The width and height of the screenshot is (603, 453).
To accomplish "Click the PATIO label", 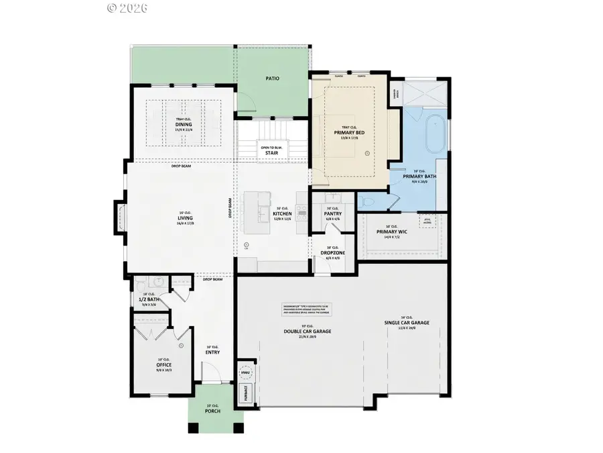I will click(x=272, y=79).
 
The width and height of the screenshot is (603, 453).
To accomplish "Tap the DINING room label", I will click(x=184, y=125).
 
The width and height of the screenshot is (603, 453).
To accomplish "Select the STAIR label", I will click(x=271, y=153).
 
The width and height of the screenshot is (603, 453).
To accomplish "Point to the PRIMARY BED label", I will click(x=348, y=133).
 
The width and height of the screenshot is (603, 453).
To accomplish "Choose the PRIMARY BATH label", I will click(x=420, y=176).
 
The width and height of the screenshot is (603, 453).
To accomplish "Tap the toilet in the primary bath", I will click(x=368, y=201).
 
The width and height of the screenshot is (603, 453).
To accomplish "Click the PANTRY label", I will click(x=333, y=214).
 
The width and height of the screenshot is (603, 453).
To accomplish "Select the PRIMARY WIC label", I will click(x=392, y=232).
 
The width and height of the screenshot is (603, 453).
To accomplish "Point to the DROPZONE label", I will click(x=333, y=252).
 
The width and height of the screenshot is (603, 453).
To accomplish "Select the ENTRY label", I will click(x=213, y=352).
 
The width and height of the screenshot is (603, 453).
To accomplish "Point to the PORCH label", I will click(x=213, y=430).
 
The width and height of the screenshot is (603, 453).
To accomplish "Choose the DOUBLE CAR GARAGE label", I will click(x=308, y=332).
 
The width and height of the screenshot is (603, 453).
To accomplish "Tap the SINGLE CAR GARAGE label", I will click(x=407, y=323).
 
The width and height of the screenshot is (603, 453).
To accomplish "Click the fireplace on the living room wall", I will click(x=121, y=218).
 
